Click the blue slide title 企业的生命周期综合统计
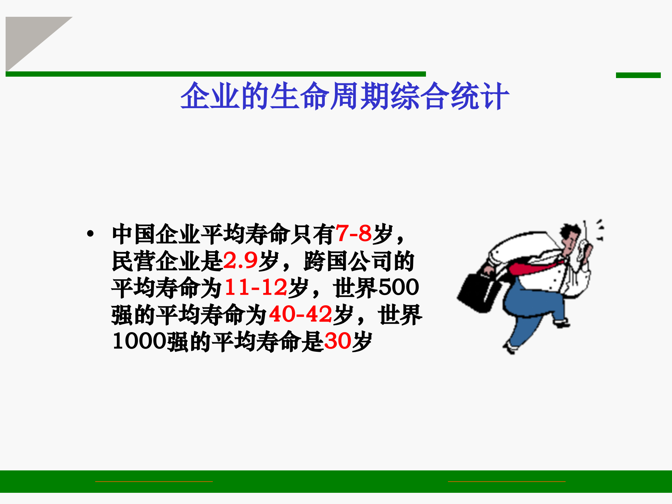pos(344,96)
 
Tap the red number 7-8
pos(353,233)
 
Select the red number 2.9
pos(240,261)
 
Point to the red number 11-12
pos(256,288)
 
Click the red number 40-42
pos(300,314)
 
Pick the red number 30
pos(337,341)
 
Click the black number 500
pos(399,288)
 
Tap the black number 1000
pos(139,341)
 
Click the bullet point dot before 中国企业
pos(91,233)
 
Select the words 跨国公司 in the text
pos(348,261)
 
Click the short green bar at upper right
pos(638,75)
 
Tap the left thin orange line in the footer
pos(154,482)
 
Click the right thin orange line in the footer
pos(506,482)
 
